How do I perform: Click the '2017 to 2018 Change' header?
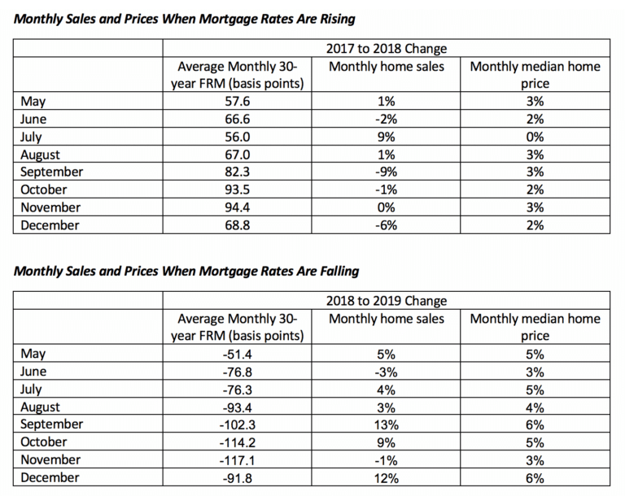pos(387,49)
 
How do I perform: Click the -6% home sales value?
pos(387,225)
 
